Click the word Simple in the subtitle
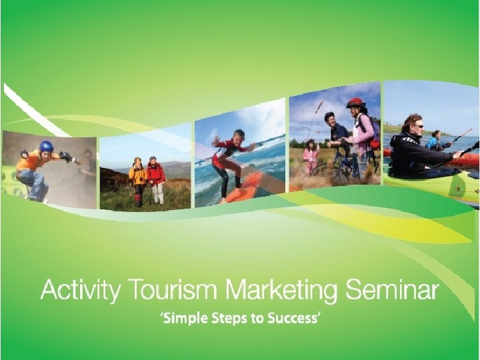coord(185,319)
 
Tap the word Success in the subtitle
coord(292,319)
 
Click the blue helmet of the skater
coord(46,146)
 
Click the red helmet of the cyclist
coord(355,103)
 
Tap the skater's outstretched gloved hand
coord(66,157)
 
